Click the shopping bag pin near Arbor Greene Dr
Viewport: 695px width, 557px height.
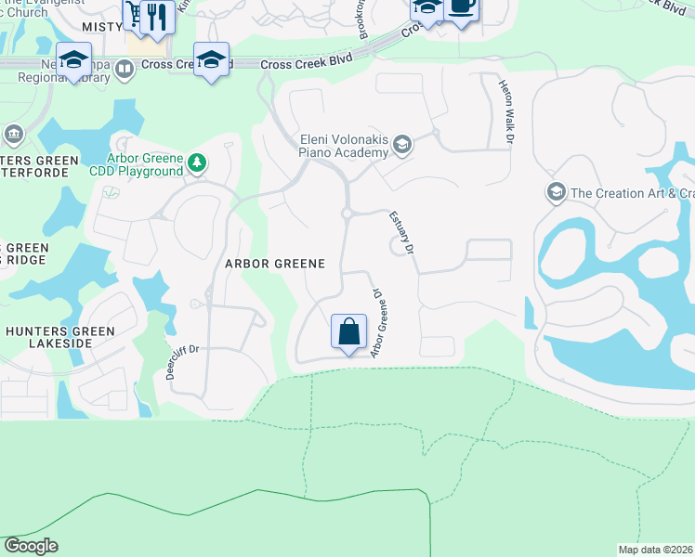coord(348,331)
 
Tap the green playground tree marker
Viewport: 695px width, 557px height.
coord(196,164)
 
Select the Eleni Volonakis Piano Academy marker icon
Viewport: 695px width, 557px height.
coord(401,144)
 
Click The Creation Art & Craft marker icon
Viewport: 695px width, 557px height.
coord(556,193)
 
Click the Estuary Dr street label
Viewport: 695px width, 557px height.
coord(401,233)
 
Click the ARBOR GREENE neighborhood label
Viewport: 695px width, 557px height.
coord(275,264)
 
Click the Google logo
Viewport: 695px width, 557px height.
coord(31,546)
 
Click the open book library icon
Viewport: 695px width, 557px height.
coord(125,77)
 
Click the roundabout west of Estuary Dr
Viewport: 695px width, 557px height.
coord(347,214)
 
